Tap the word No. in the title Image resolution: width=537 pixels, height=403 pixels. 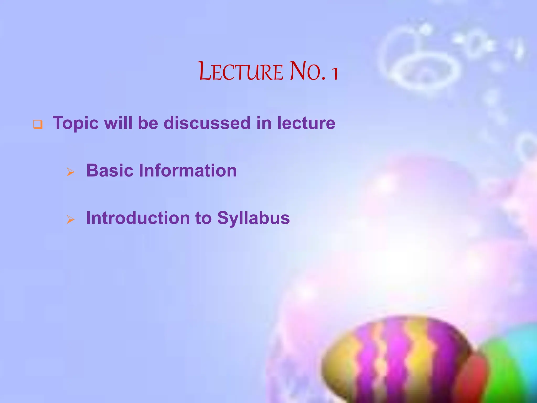[308, 71]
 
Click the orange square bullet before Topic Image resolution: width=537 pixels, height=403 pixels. [37, 124]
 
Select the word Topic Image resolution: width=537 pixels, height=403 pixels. [76, 123]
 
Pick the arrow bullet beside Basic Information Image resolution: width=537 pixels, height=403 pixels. [71, 172]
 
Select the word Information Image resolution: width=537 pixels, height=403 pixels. [188, 171]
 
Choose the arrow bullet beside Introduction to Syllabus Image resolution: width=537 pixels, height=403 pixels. [71, 219]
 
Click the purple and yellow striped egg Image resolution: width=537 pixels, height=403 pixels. [393, 359]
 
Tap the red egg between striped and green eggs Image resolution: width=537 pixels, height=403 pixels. [472, 378]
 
